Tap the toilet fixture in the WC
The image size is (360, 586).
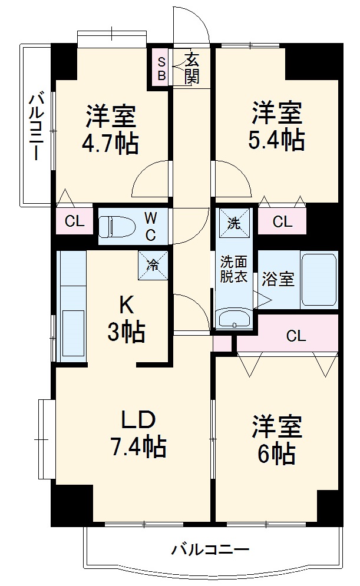[111, 226]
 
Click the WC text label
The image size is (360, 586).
[150, 226]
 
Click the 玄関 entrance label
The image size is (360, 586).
[191, 67]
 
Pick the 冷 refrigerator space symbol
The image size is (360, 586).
[153, 264]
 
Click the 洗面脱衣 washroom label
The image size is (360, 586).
[233, 269]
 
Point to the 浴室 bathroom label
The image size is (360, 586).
[279, 279]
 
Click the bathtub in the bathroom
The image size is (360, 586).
[319, 279]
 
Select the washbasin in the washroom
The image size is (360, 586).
[234, 318]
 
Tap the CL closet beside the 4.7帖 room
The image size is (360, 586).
[74, 221]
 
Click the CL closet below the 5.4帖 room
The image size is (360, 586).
[282, 221]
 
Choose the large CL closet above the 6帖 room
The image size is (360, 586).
[296, 336]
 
